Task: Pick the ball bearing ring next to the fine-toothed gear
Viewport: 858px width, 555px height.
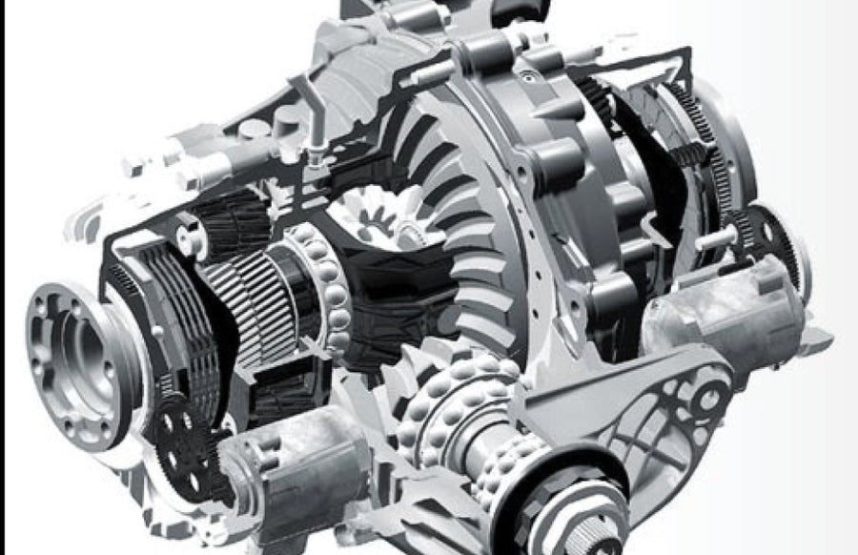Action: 319,286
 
